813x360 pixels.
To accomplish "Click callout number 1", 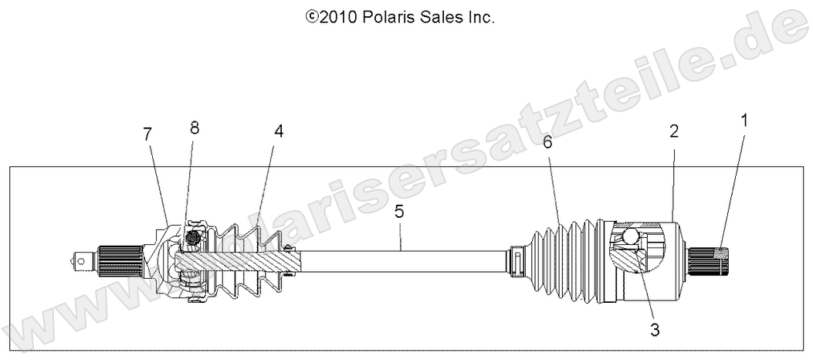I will [744, 121].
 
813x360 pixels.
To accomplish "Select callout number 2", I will [673, 131].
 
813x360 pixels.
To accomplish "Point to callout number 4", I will [278, 131].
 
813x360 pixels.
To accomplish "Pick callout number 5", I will [398, 210].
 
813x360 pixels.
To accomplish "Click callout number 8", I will [195, 128].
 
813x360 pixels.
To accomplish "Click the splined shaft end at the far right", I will [710, 261].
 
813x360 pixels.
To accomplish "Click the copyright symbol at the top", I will [313, 16].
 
